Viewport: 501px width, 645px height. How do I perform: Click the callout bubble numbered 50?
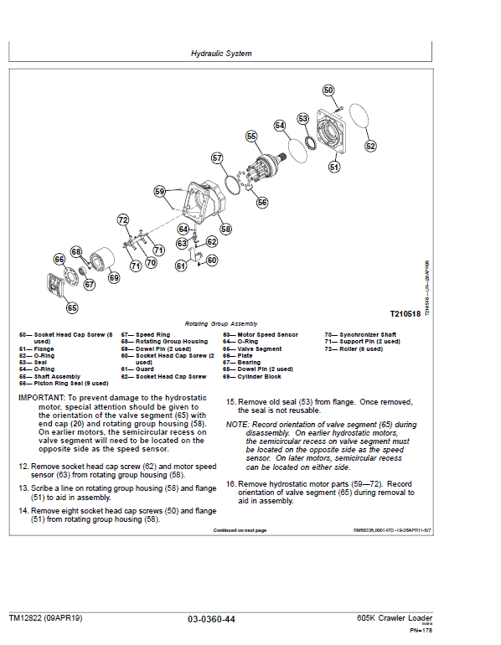coord(328,90)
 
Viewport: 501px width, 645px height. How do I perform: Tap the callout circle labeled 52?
coord(370,146)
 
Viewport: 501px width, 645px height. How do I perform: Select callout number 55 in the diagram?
coord(251,136)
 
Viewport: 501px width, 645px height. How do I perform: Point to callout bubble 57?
coord(217,157)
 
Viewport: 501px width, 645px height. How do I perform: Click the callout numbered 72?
coord(123,220)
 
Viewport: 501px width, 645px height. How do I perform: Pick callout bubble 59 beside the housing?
coord(160,192)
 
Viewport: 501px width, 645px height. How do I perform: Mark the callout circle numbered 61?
coord(180,266)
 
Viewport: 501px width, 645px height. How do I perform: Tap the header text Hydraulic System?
coord(221,54)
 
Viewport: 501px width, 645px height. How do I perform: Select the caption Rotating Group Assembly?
coord(221,323)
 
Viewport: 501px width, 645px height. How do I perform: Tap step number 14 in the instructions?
coord(23,510)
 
